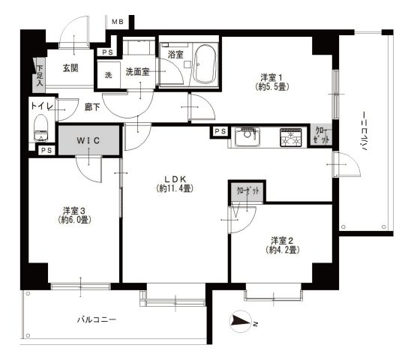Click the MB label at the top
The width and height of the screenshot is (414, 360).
point(117,22)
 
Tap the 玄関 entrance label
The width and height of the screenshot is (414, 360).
point(70,68)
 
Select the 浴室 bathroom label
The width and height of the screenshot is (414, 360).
point(175,55)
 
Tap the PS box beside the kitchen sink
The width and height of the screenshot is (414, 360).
point(220,132)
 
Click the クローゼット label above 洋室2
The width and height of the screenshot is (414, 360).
point(247,192)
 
